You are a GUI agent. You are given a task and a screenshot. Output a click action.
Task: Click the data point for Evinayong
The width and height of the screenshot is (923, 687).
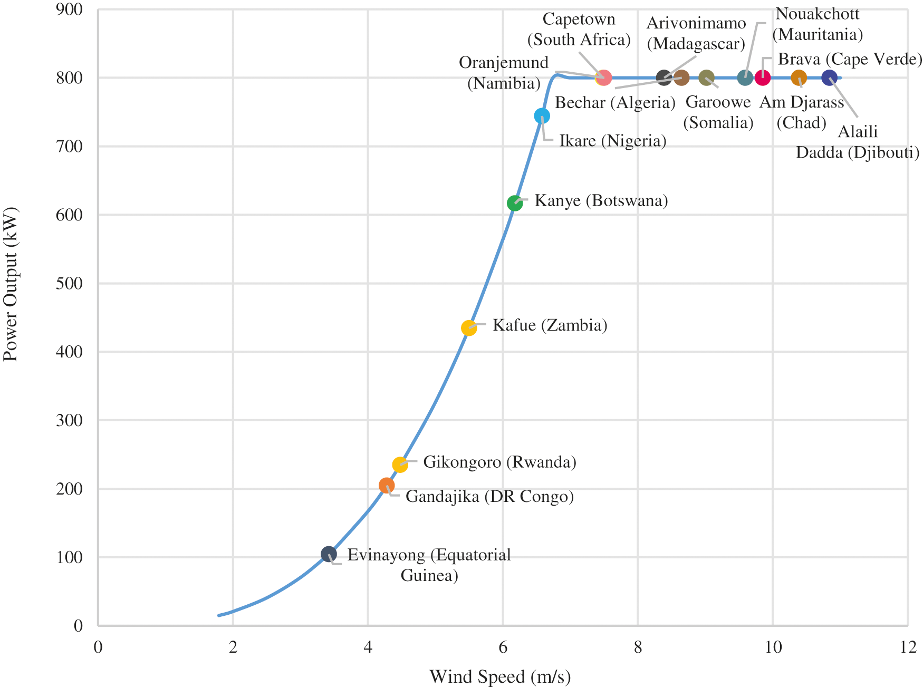(329, 554)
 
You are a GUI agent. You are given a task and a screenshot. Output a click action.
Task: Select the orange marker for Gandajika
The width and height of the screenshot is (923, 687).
(387, 486)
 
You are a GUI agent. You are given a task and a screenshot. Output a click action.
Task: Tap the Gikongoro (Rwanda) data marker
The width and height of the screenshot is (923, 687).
(400, 465)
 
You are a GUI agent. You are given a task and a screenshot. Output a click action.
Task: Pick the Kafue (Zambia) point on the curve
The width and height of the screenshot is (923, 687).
(469, 328)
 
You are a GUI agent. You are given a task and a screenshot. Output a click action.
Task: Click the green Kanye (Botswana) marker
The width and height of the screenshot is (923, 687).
(515, 203)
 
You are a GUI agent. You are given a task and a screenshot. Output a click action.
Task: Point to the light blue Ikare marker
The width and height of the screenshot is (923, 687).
(542, 116)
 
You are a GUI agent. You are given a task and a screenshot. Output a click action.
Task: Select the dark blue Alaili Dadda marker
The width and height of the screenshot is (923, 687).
(829, 78)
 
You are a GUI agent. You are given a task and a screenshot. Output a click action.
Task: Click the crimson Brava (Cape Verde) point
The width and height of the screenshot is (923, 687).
(763, 78)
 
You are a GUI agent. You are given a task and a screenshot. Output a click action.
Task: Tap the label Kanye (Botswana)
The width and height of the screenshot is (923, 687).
(601, 201)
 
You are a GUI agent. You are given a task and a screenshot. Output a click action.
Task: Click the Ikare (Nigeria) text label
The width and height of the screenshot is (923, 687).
(613, 141)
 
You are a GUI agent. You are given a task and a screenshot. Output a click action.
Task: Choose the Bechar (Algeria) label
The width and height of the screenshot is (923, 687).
(615, 102)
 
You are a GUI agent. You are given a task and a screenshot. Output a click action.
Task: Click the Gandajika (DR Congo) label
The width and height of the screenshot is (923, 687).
(489, 497)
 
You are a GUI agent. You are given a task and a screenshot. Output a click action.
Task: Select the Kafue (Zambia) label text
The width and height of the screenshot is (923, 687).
(550, 325)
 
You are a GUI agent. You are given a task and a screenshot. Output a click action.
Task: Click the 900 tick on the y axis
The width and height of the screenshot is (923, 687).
(70, 9)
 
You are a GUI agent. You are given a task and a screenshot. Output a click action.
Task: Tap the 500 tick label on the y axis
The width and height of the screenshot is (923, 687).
(70, 283)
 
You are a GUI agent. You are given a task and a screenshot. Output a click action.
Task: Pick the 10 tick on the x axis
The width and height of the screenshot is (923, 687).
(773, 647)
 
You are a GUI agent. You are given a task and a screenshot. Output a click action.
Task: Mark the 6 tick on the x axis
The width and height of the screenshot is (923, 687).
(503, 647)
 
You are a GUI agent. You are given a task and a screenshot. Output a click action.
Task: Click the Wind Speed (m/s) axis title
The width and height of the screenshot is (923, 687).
(500, 676)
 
